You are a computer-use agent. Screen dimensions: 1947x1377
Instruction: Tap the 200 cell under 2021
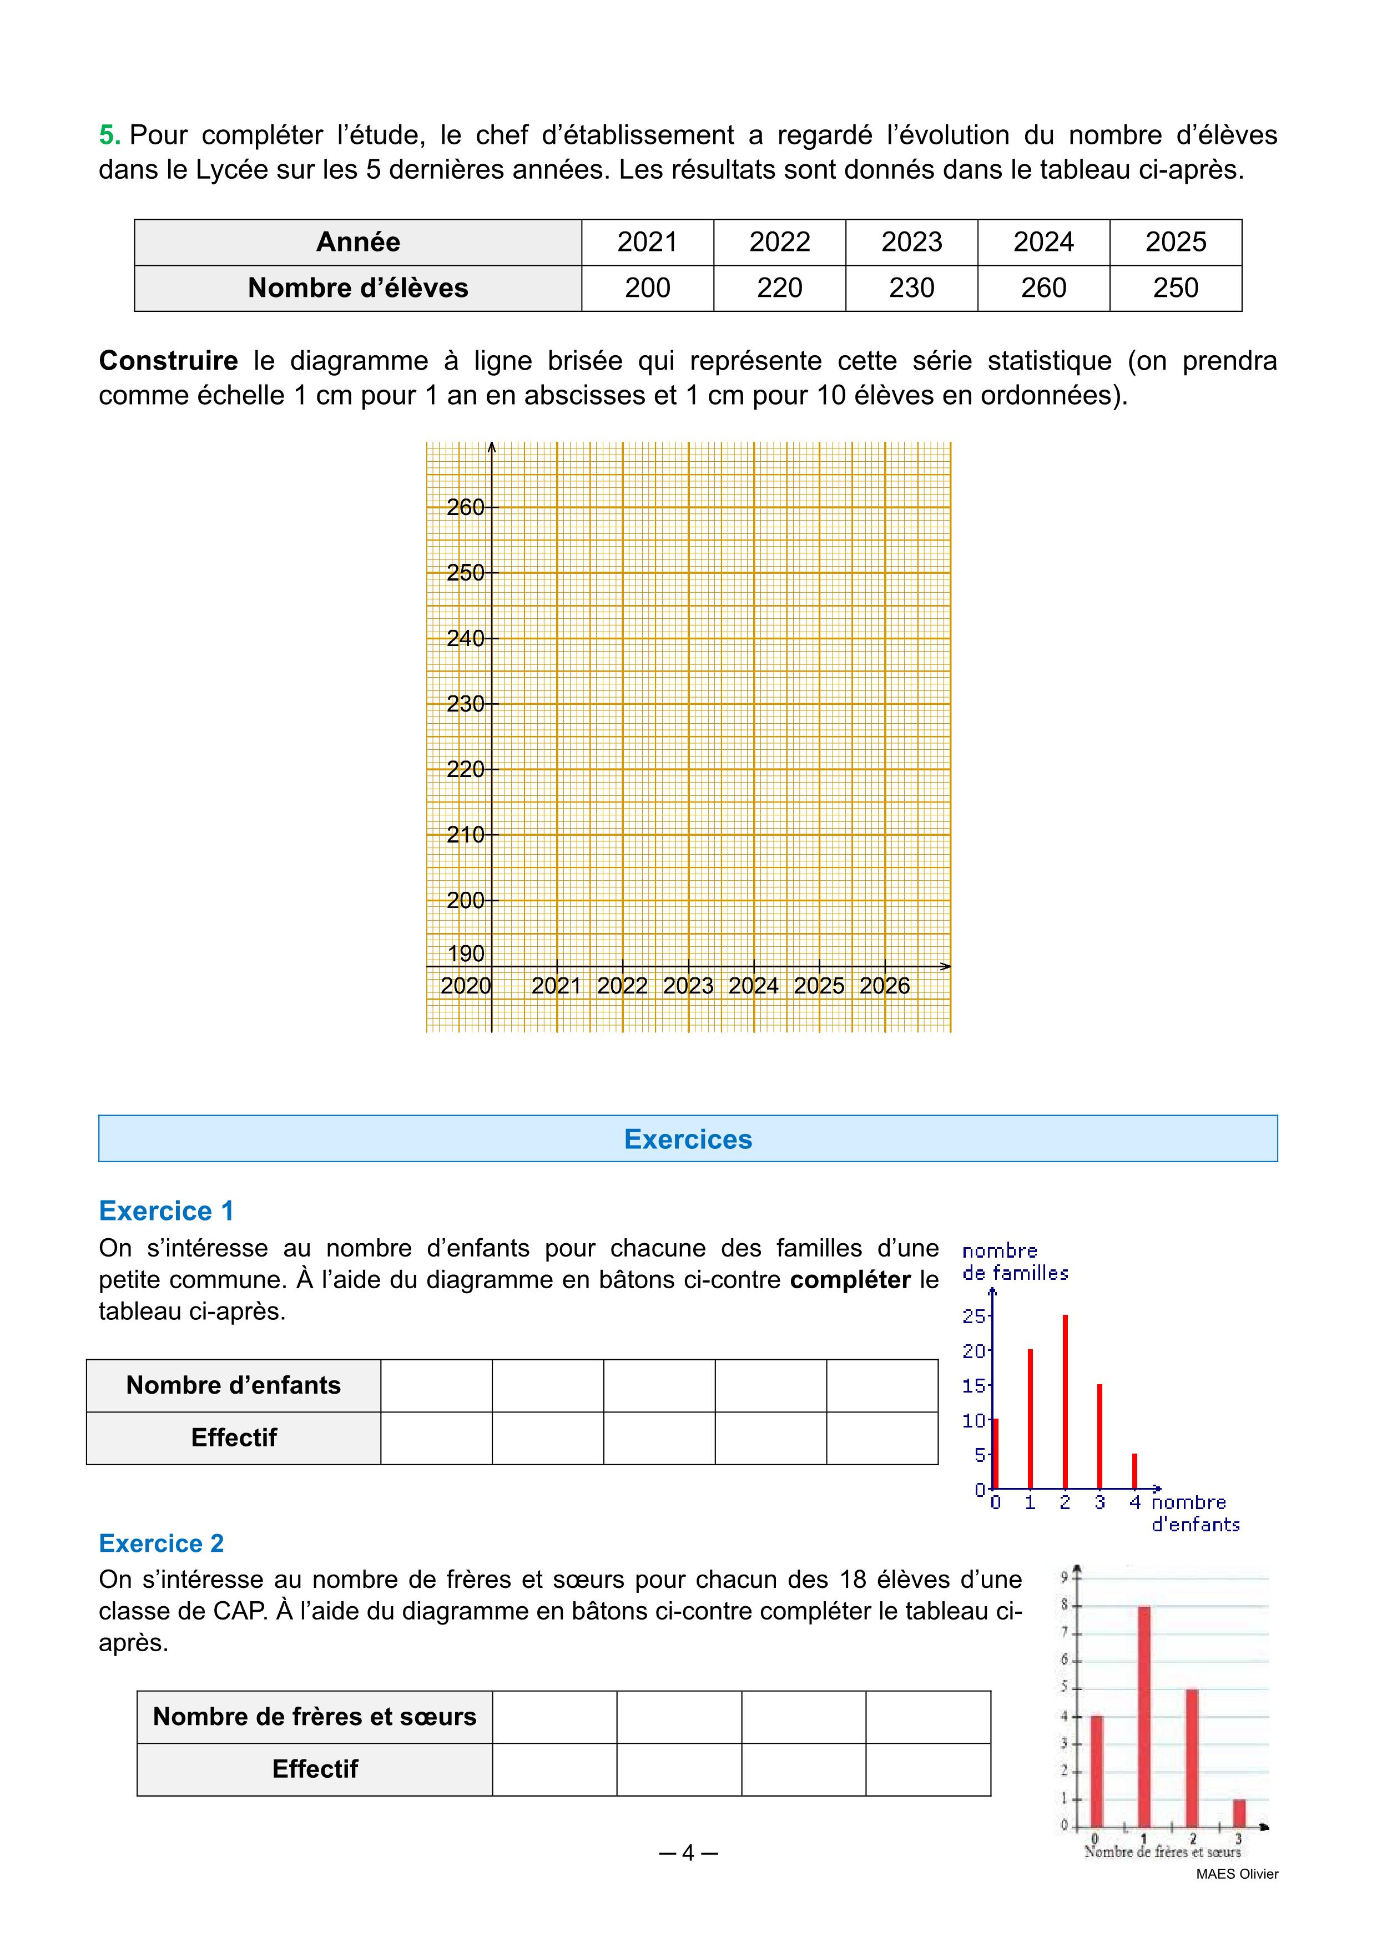pos(647,288)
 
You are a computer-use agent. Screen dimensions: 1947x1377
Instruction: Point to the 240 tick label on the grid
pos(466,638)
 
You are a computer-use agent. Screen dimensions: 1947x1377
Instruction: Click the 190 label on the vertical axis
pos(466,954)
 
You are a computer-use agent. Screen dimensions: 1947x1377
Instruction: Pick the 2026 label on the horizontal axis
pos(884,986)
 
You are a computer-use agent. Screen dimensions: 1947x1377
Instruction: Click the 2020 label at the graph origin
pos(466,986)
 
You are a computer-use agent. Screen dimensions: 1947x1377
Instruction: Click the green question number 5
pos(109,135)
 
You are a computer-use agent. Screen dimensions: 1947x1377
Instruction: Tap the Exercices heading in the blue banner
pos(688,1139)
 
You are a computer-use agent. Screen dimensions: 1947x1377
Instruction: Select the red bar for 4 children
pos(1134,1471)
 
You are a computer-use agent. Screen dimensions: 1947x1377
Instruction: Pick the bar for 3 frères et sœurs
pos(1239,1813)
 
